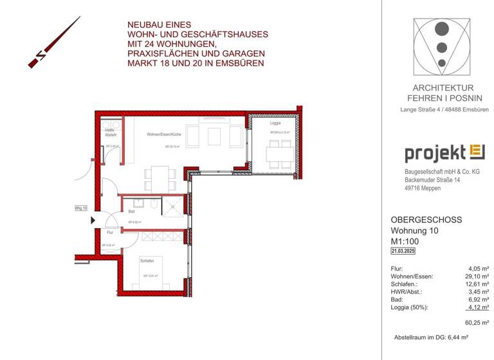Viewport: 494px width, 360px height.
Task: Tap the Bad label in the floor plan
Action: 131,211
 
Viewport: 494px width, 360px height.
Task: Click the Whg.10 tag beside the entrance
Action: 80,208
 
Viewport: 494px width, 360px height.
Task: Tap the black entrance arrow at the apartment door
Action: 93,220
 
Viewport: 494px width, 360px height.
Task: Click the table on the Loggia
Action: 274,154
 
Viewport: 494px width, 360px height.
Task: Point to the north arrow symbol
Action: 54,42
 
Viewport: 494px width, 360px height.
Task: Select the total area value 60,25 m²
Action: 477,323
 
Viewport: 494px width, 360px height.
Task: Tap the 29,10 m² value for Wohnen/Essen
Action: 477,276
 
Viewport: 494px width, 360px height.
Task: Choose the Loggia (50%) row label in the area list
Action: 410,307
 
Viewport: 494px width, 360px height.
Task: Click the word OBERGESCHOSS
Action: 426,220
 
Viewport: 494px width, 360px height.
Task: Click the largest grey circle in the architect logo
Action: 442,30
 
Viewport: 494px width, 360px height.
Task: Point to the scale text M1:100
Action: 406,242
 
